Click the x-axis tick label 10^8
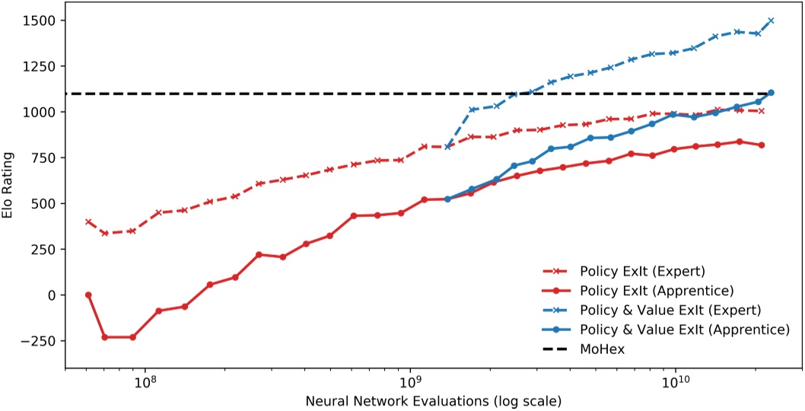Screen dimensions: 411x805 145,382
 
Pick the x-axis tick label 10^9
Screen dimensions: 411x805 410,382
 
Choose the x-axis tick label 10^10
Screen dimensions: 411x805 676,382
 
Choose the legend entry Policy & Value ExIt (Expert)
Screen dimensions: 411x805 670,310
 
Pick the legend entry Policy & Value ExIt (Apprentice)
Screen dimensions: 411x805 683,330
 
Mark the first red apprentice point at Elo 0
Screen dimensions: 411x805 88,295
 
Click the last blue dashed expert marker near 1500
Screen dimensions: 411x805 771,21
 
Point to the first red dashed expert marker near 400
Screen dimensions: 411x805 88,221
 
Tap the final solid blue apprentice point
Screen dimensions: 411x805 771,93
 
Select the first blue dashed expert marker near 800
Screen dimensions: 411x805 447,147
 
